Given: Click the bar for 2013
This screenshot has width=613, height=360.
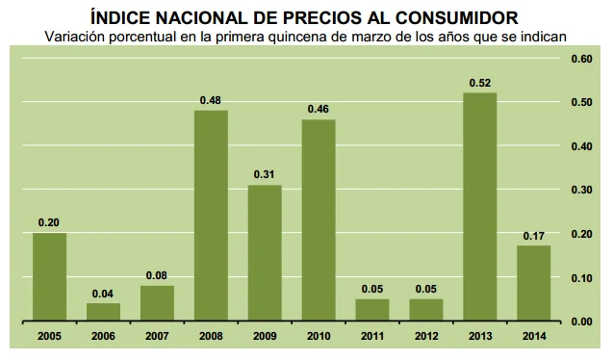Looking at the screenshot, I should (479, 207).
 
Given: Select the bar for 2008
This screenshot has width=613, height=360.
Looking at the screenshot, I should (211, 216).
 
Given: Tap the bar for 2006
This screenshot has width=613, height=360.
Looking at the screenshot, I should (103, 312).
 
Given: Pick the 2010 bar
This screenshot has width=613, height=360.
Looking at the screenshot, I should (319, 219).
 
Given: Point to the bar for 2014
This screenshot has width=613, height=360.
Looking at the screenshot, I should (533, 283).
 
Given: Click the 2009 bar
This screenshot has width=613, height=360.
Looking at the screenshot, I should (265, 252).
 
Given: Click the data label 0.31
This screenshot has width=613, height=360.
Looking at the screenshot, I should (265, 174).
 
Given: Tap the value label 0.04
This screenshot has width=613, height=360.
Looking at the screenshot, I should (103, 293).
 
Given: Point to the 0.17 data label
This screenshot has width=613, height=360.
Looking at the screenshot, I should (533, 235).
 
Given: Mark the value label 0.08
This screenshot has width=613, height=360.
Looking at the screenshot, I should (157, 275).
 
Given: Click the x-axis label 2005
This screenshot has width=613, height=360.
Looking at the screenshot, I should (49, 336).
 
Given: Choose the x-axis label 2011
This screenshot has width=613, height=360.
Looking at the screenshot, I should (371, 336).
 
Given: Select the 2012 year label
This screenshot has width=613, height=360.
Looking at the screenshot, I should (425, 336).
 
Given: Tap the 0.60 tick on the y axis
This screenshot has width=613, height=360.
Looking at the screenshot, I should (581, 59).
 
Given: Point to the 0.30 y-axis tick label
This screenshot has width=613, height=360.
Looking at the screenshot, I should (581, 190).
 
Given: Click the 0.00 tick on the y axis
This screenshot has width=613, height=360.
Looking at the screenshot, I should (581, 321).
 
